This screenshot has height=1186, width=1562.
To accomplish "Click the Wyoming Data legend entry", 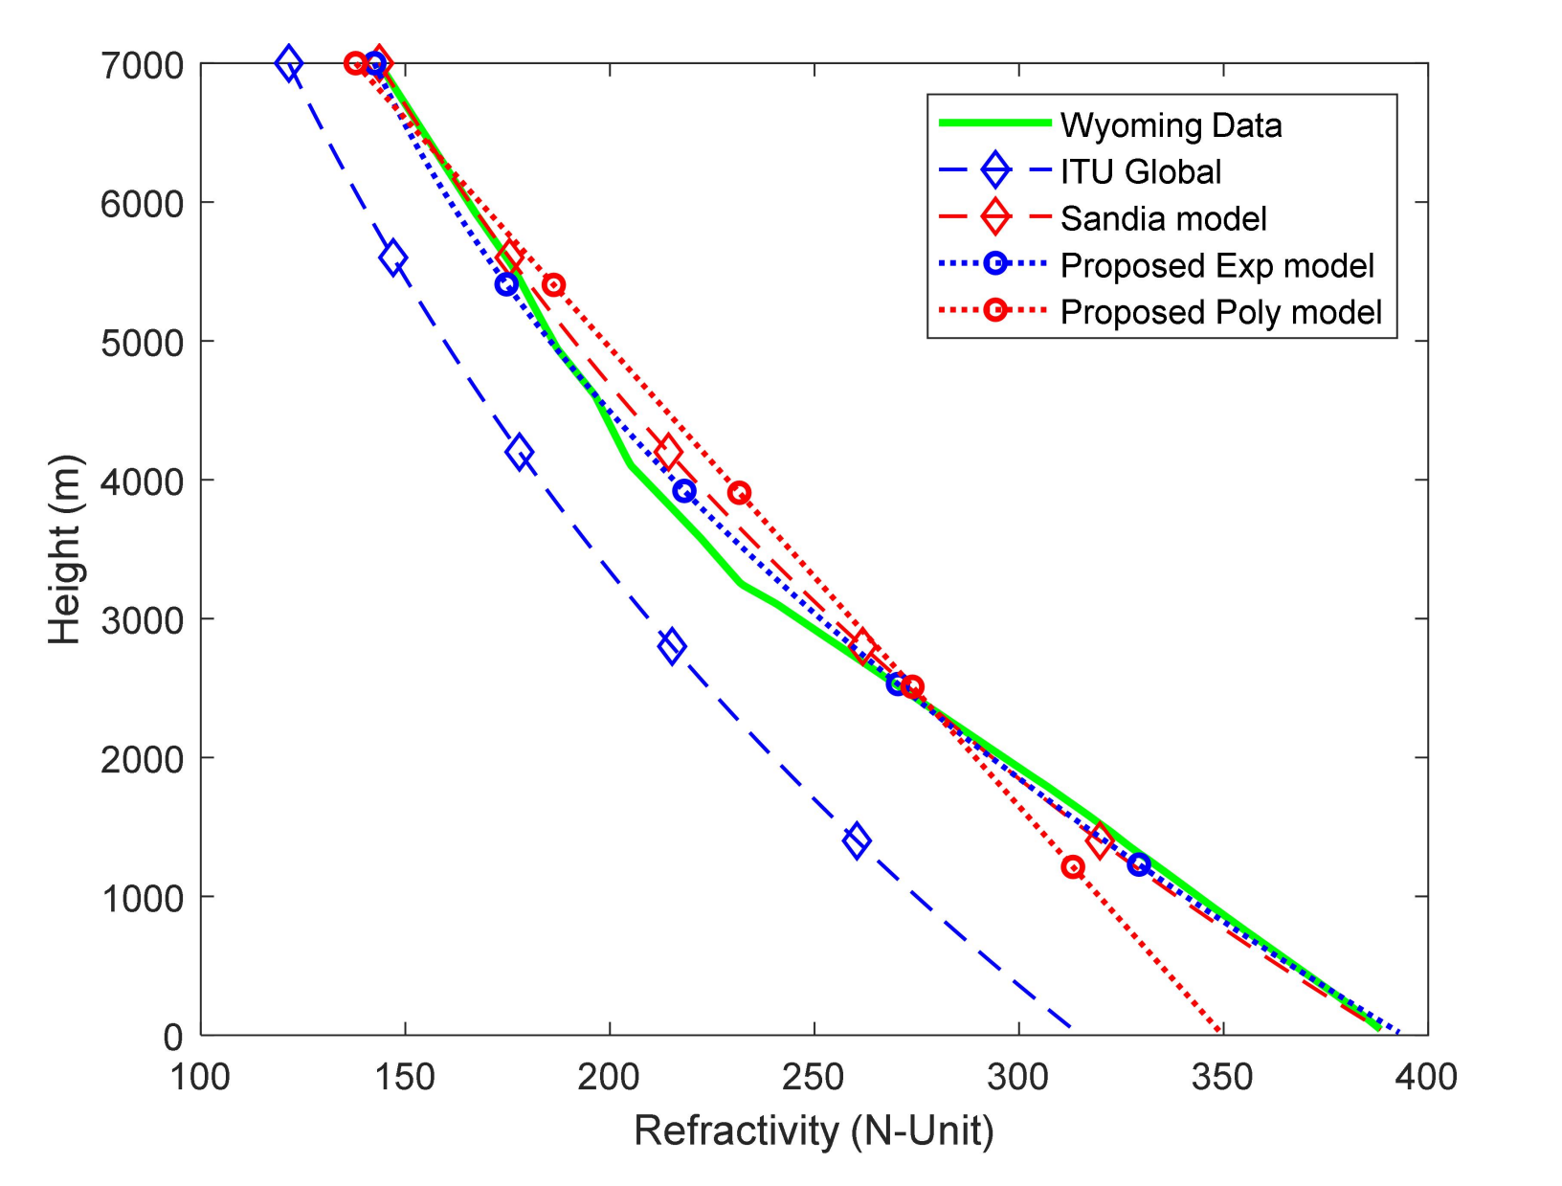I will [1171, 125].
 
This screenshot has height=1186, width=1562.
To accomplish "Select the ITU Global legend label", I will [1140, 172].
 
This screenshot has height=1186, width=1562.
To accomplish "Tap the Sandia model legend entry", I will [1163, 219].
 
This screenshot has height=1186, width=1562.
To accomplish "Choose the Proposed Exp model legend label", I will [1216, 266].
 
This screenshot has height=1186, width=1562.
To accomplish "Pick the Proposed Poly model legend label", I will [1220, 313].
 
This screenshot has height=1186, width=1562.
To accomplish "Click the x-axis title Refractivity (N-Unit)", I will [814, 1130].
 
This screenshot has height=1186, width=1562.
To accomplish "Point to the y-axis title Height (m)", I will [65, 549].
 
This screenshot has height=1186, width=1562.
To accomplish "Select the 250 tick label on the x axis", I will [814, 1077].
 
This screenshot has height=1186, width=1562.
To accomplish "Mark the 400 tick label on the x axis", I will [1426, 1077].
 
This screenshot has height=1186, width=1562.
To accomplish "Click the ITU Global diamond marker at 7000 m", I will [288, 64].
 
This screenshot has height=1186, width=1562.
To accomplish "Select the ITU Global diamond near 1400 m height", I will [857, 840].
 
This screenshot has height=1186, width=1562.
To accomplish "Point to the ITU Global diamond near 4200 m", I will [520, 452].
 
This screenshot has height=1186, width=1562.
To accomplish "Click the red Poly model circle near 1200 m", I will [1073, 867].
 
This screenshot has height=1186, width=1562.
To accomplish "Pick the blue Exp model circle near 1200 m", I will [1138, 864].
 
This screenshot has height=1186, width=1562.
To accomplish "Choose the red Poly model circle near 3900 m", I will [739, 493].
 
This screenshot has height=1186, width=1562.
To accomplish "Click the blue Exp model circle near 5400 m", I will [506, 284].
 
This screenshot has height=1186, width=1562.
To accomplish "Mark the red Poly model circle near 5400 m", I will [553, 284].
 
